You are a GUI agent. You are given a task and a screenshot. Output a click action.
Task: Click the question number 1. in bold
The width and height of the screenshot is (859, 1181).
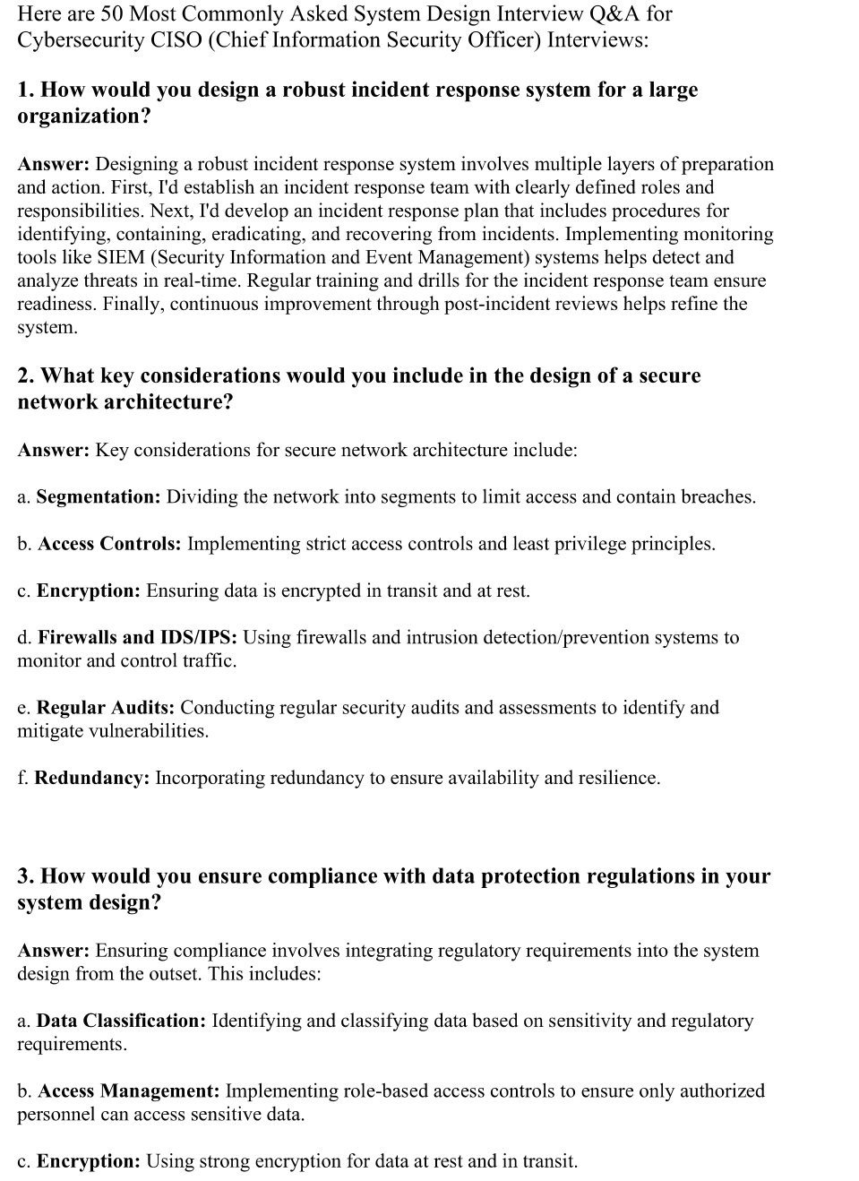26,90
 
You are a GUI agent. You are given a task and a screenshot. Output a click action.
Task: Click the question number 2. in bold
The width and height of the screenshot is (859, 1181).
26,375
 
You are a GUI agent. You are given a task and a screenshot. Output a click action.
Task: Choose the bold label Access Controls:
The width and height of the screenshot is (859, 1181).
109,543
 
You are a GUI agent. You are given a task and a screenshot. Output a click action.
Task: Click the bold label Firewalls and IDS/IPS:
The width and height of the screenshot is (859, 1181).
137,637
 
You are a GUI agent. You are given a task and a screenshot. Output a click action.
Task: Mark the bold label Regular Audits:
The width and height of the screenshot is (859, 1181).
106,707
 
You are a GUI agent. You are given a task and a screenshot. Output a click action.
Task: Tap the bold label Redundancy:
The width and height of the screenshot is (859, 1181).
92,777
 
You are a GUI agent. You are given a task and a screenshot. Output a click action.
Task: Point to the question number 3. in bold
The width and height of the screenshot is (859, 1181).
26,875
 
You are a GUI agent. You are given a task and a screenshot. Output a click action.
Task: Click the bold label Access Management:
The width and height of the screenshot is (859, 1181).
129,1090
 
